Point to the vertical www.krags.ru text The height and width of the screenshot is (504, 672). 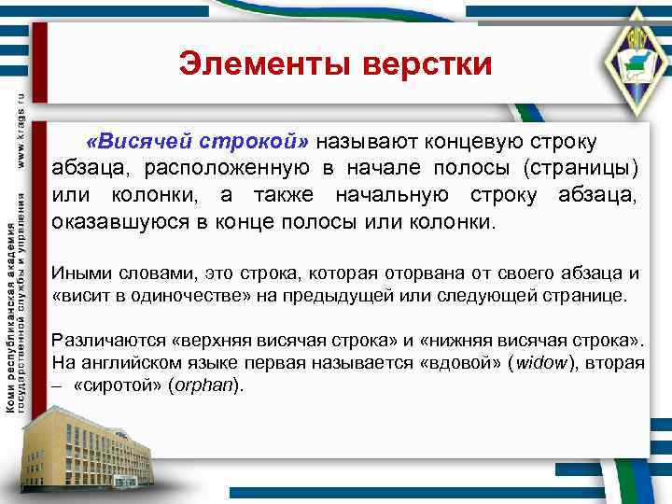[21, 132]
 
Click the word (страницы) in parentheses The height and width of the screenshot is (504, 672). [581, 169]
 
